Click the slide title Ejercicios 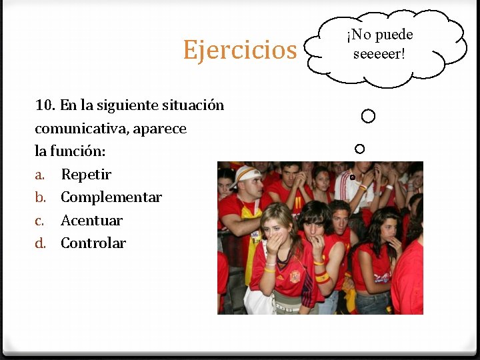coord(239,49)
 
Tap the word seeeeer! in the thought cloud coord(379,53)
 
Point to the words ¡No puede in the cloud coord(379,35)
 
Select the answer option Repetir coord(86,175)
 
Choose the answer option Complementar coord(111,197)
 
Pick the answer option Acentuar coord(92,220)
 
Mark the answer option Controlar coord(93,243)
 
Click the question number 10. coord(45,105)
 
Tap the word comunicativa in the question coord(77,128)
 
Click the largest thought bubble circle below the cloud coord(368,117)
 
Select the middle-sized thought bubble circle coord(360,148)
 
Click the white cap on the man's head coord(247,173)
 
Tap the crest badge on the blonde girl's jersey coord(295,276)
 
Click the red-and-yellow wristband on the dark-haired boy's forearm coord(322,276)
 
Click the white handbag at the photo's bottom coord(257,301)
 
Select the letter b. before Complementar coord(41,197)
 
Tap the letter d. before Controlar coord(41,243)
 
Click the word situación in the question coord(193,105)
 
